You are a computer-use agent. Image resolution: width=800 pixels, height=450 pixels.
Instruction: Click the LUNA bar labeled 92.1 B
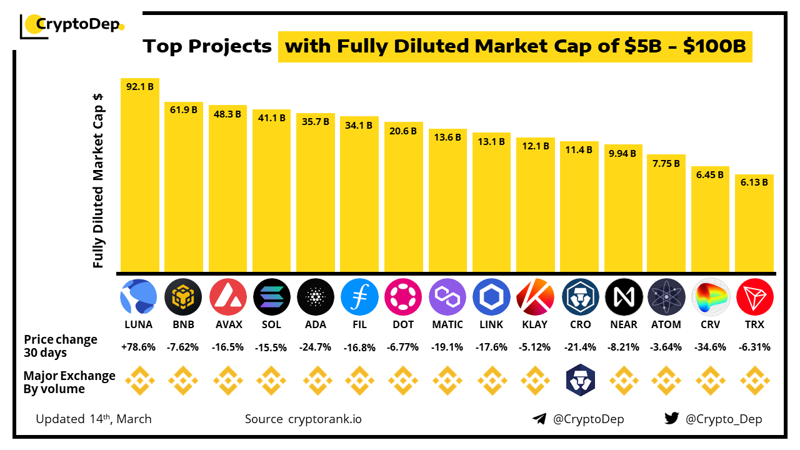pos(140,175)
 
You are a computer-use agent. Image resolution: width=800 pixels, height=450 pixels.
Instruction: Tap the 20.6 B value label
pos(403,131)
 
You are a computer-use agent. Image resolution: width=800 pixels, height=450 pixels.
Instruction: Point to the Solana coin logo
pos(271,296)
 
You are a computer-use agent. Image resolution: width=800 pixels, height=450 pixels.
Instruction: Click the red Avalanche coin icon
pos(227,296)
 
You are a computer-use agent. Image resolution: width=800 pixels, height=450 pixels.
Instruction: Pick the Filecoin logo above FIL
pos(359,296)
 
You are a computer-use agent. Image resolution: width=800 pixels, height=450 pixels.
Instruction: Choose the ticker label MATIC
pos(447,324)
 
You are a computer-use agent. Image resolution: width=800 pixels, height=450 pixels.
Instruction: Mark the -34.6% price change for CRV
pos(710,347)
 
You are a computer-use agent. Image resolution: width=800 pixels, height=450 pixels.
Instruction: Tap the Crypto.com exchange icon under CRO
pos(579,380)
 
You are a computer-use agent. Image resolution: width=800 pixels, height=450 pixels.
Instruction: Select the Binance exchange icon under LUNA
pos(140,380)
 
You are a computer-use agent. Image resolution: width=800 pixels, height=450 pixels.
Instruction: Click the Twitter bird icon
pos(672,419)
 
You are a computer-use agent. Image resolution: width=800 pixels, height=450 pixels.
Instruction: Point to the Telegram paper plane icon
pos(539,419)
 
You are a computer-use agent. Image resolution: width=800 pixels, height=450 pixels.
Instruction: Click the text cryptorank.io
pos(324,419)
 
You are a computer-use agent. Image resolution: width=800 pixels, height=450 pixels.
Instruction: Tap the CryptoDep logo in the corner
pos(72,25)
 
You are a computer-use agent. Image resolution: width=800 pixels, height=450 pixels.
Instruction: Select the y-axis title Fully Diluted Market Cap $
pos(98,181)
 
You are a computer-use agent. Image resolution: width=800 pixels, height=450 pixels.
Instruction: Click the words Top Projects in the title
pos(207,46)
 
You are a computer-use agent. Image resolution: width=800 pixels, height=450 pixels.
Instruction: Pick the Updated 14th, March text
pos(94,419)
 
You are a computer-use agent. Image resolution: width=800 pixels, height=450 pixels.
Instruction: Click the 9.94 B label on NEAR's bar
pos(623,153)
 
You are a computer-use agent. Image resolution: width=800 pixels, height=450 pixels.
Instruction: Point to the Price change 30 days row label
pos(61,346)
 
